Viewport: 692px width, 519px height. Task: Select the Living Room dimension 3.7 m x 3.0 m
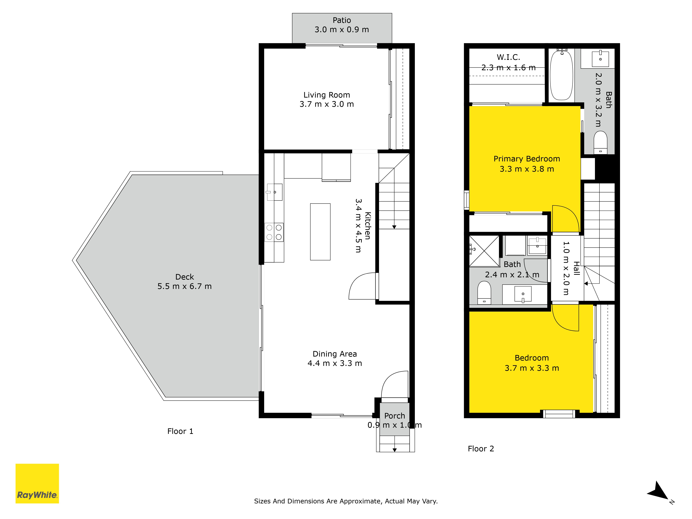[x=327, y=104]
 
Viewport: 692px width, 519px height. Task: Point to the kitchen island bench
[x=320, y=232]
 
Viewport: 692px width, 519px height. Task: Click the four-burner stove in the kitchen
[x=274, y=232]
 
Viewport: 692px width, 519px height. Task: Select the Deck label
[x=185, y=277]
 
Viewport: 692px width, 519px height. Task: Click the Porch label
[x=394, y=416]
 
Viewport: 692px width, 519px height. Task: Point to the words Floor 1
[x=180, y=431]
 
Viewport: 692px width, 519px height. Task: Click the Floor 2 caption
[x=481, y=449]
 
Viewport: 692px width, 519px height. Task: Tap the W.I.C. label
[x=508, y=57]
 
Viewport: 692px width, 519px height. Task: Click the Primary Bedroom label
[x=527, y=159]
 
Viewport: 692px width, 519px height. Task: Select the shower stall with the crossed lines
[x=484, y=251]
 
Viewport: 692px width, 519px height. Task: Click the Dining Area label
[x=335, y=354]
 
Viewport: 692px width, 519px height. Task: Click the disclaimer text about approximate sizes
[x=346, y=501]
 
